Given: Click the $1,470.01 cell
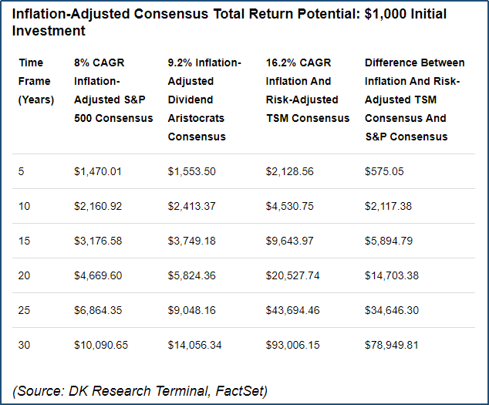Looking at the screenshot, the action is click(98, 171).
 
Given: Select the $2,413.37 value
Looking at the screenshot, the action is click(191, 206).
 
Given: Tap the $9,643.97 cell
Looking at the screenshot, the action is click(289, 241).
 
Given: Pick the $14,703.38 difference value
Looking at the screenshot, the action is click(392, 275).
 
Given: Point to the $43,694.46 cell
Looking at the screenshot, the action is click(292, 310).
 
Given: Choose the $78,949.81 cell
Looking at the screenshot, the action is click(391, 345).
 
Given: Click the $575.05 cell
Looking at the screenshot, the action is click(384, 171).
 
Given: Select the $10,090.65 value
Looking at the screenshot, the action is click(101, 345).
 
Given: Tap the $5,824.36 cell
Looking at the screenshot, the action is click(191, 275).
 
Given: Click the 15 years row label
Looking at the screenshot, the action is click(24, 241).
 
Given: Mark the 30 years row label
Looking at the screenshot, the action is click(24, 345).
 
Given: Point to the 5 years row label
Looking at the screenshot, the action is click(21, 171).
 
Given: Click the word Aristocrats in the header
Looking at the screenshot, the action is click(196, 118).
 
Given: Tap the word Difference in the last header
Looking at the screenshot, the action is click(386, 62).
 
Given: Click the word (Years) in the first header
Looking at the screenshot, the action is click(36, 100).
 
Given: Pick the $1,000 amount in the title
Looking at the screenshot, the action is click(386, 14).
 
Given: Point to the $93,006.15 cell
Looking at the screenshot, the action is click(292, 345).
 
